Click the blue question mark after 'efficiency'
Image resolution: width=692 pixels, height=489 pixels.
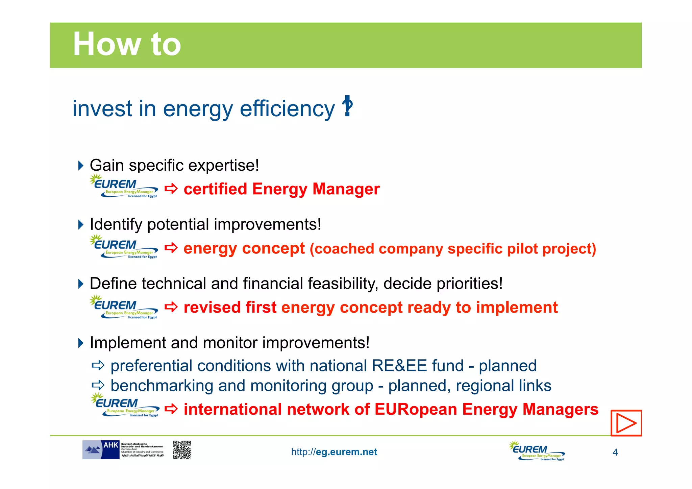pos(347,107)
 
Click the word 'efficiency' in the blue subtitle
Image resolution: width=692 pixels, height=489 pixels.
pos(287,109)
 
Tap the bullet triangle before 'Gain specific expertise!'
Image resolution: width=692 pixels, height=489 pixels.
pos(80,166)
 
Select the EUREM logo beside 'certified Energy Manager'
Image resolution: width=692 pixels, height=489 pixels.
pos(124,186)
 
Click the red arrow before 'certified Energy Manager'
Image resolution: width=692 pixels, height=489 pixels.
pos(171,189)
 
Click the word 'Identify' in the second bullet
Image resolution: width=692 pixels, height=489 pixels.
pos(116,225)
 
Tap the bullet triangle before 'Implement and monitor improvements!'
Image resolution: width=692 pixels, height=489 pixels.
pos(80,343)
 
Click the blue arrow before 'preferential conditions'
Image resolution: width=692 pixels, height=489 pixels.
pos(98,365)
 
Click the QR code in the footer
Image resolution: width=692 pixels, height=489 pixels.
pos(182,449)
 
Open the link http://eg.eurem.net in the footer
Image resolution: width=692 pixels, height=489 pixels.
pos(334,452)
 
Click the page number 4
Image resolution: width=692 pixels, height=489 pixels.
pos(615,453)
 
